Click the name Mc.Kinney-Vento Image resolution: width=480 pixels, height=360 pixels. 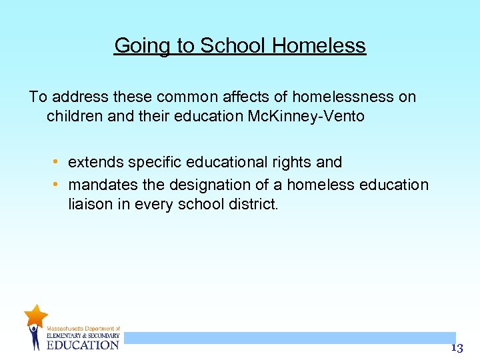coord(307,116)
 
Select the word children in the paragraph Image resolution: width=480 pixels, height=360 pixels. coord(75,116)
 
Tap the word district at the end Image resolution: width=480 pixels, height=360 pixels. coord(249,204)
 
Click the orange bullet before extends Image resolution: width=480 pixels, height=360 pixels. coord(58,162)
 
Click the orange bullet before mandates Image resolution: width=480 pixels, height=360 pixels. coord(58,184)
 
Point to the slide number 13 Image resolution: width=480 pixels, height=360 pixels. coord(457,348)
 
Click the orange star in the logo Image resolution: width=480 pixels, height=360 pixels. coord(35,315)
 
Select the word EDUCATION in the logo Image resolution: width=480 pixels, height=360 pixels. coord(83,345)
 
